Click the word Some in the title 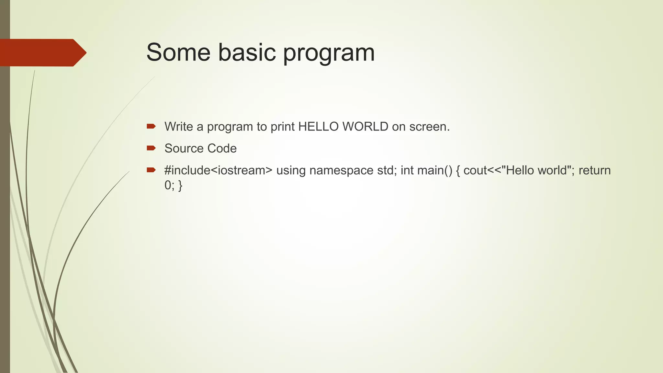(178, 52)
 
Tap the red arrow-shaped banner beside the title (42, 53)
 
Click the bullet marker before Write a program (151, 126)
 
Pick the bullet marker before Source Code (151, 148)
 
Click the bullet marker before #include (151, 170)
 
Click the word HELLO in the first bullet (319, 127)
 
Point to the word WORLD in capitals (365, 127)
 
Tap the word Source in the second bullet (184, 149)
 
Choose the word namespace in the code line (341, 171)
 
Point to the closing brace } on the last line (180, 186)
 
